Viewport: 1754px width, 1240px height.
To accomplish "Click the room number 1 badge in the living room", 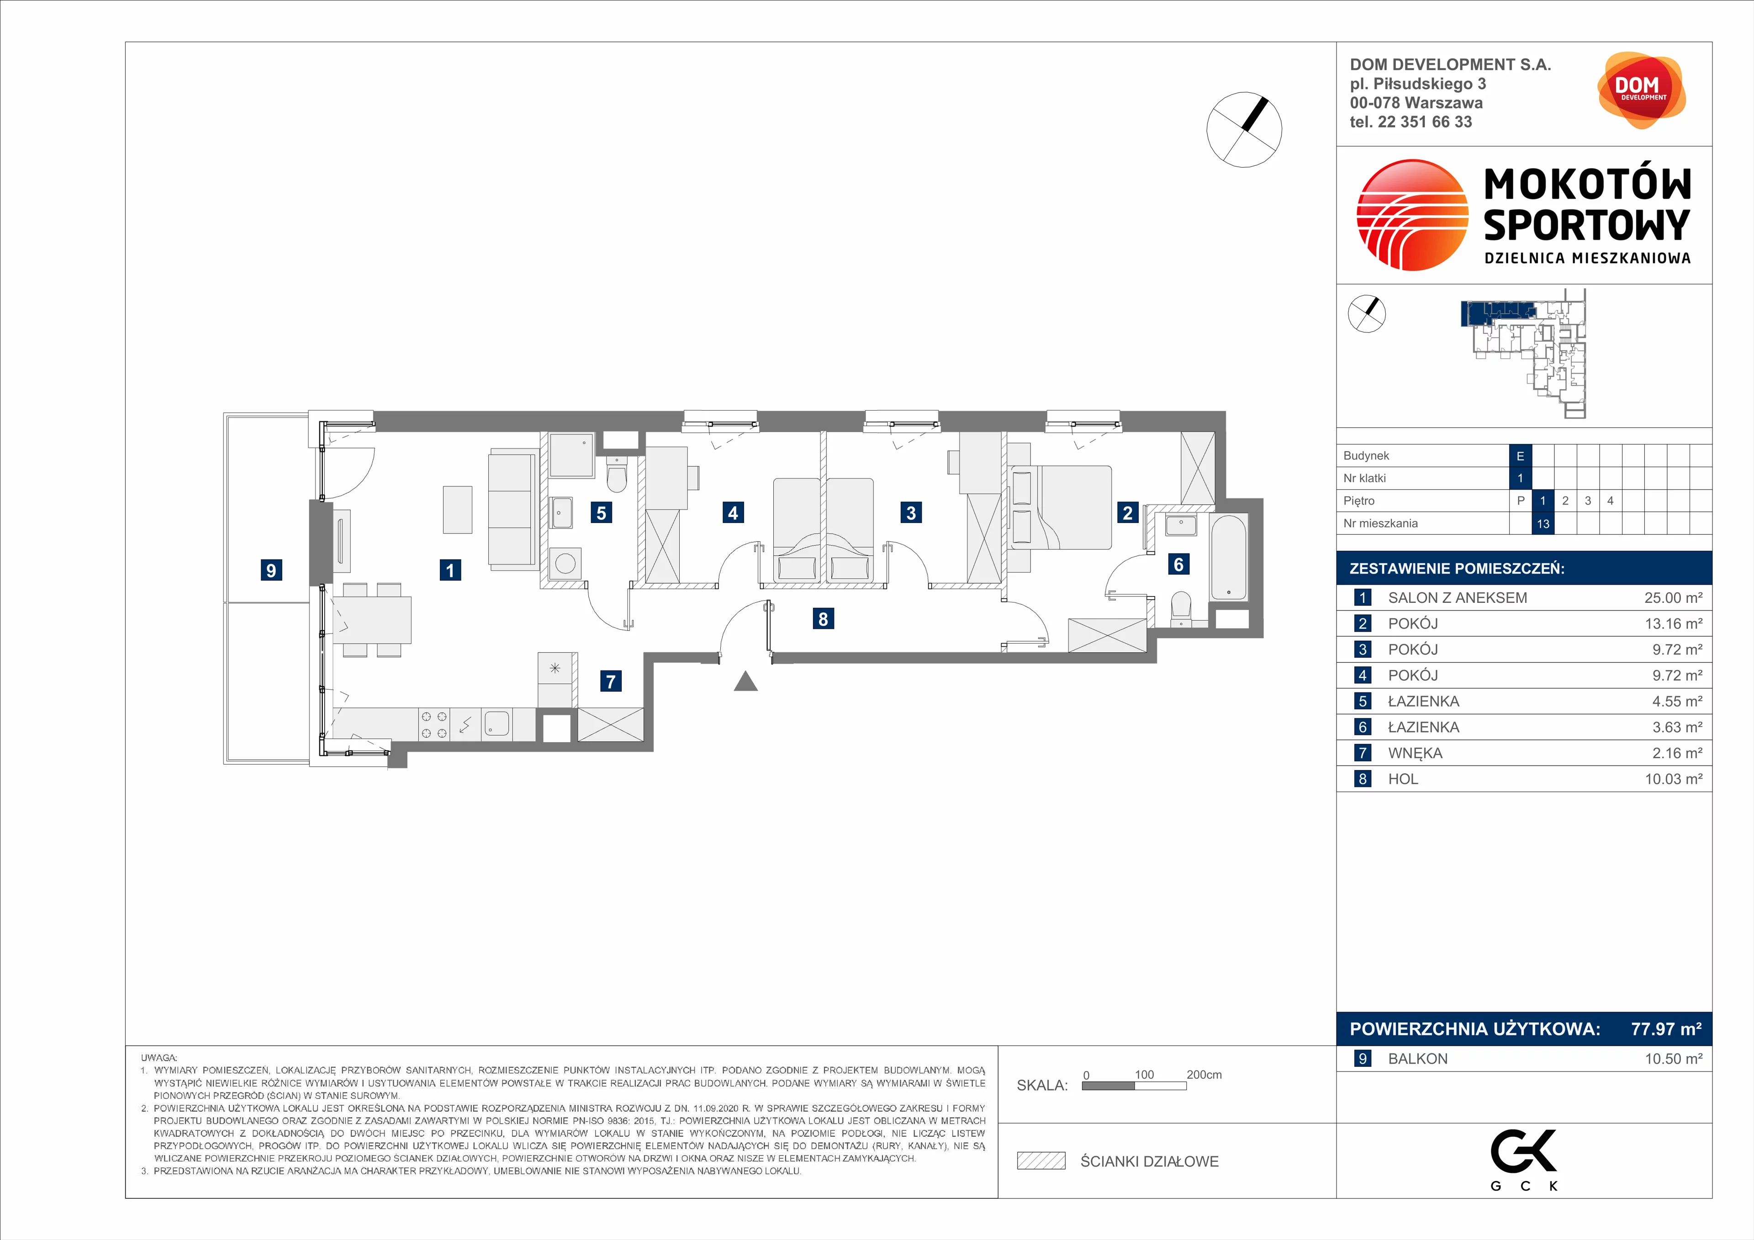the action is [x=450, y=570].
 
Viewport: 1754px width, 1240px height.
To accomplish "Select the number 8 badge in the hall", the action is [x=823, y=619].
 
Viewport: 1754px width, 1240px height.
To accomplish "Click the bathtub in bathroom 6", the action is [x=1228, y=556].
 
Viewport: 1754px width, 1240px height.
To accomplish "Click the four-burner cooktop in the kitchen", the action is [x=434, y=724].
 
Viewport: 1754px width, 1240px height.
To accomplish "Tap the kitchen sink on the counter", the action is [x=497, y=723].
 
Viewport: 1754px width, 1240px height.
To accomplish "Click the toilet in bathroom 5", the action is [x=617, y=476].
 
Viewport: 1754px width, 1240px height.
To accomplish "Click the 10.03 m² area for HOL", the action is [x=1673, y=779].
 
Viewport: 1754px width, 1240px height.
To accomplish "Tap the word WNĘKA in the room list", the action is [x=1415, y=753].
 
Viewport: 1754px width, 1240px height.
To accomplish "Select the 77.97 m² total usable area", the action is [x=1666, y=1029].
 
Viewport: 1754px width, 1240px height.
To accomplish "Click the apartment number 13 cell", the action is [x=1543, y=523].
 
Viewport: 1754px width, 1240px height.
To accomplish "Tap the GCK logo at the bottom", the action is [x=1523, y=1160].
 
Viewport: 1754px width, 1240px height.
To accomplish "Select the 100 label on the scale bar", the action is [x=1144, y=1074].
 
